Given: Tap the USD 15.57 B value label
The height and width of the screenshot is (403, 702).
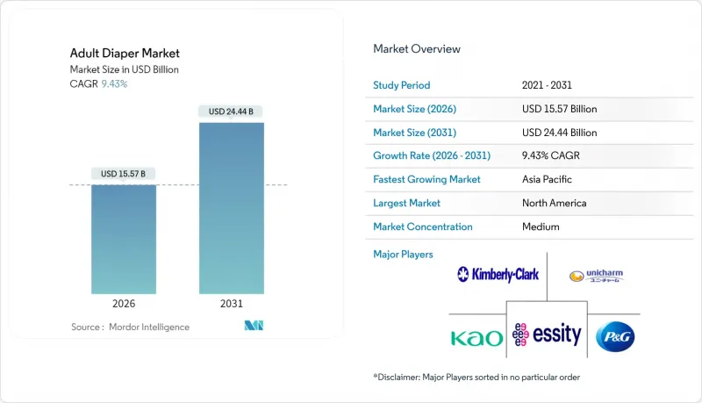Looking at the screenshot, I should [x=124, y=173].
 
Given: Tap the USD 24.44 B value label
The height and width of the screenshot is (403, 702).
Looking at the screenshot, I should [x=232, y=112].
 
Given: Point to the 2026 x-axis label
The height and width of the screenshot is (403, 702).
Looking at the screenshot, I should [x=124, y=304].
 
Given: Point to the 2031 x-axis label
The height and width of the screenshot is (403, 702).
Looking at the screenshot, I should [x=232, y=304].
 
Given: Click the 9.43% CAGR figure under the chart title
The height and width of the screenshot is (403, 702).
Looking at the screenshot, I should [x=114, y=83].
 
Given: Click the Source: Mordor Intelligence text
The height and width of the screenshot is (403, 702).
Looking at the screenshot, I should [x=130, y=327].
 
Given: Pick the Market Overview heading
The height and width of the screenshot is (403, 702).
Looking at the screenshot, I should [x=417, y=49].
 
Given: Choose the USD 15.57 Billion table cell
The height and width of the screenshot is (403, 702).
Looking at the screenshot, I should [x=559, y=109].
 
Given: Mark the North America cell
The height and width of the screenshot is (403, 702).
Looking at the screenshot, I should [x=554, y=203].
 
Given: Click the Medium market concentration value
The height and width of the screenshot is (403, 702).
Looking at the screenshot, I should [x=541, y=227].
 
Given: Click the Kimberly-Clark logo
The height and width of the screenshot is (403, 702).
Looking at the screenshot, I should [x=498, y=276].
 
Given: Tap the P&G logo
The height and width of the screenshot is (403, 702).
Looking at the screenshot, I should [x=614, y=336].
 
